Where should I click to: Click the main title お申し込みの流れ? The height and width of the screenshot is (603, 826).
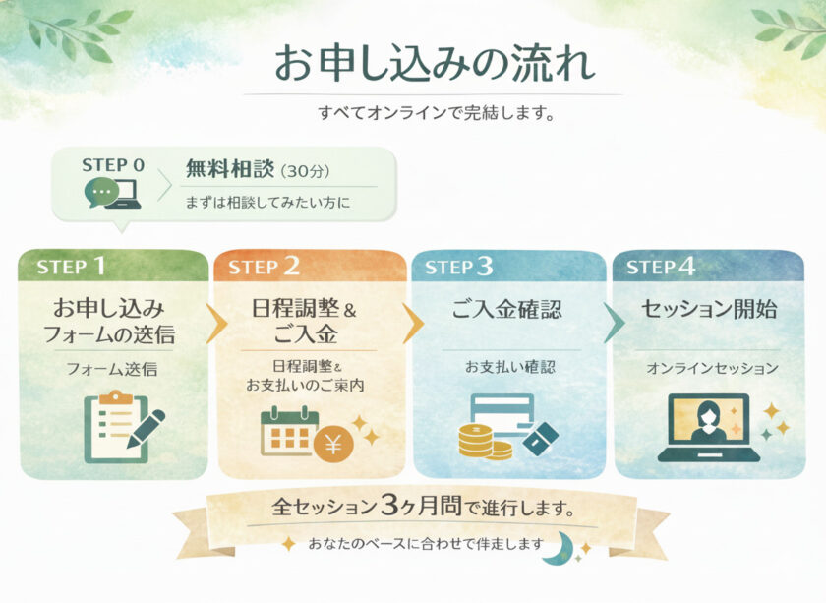click(x=433, y=63)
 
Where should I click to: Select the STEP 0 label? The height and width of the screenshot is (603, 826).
click(x=113, y=165)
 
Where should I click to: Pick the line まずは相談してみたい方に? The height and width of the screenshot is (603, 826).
click(x=267, y=203)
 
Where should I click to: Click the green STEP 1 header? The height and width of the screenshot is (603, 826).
click(x=113, y=266)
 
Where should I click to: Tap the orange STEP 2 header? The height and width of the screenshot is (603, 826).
click(x=310, y=266)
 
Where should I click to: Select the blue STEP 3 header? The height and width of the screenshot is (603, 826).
click(x=508, y=266)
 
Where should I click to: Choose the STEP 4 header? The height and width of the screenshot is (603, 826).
click(x=708, y=266)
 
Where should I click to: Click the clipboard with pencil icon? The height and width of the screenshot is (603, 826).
click(x=122, y=426)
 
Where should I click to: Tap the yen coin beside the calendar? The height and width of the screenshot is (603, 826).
click(x=333, y=445)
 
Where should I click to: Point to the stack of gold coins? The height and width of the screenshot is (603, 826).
click(x=482, y=441)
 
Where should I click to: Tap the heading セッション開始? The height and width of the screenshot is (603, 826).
click(x=708, y=310)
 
